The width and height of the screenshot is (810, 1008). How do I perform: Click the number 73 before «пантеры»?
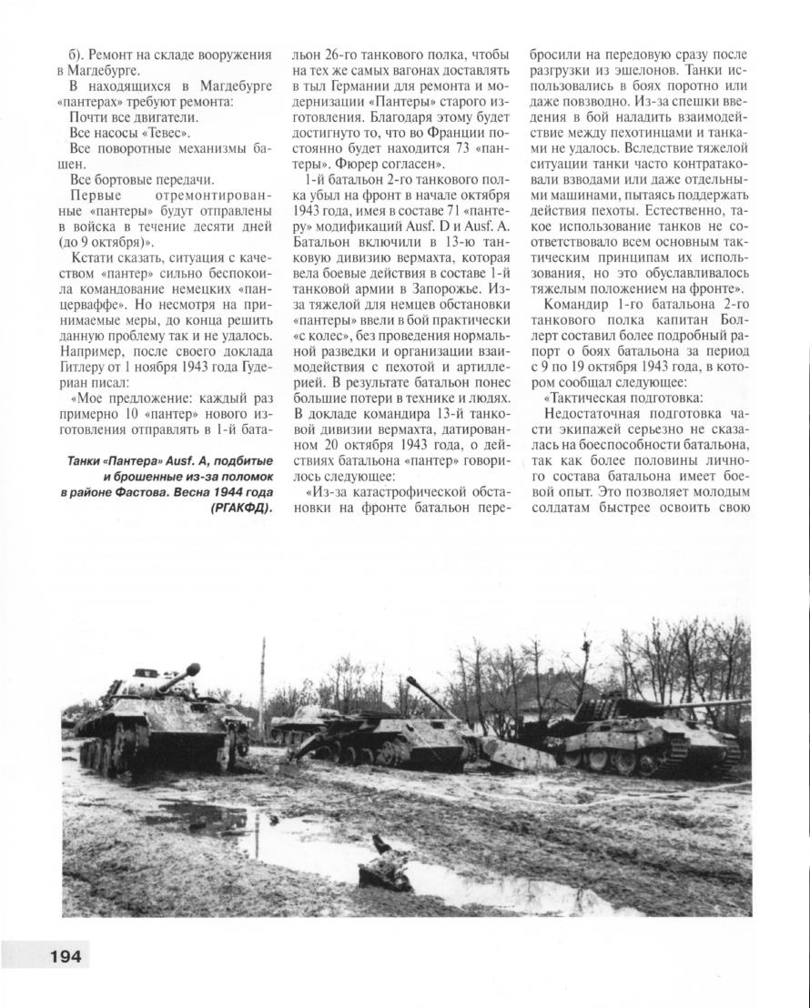point(439,148)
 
